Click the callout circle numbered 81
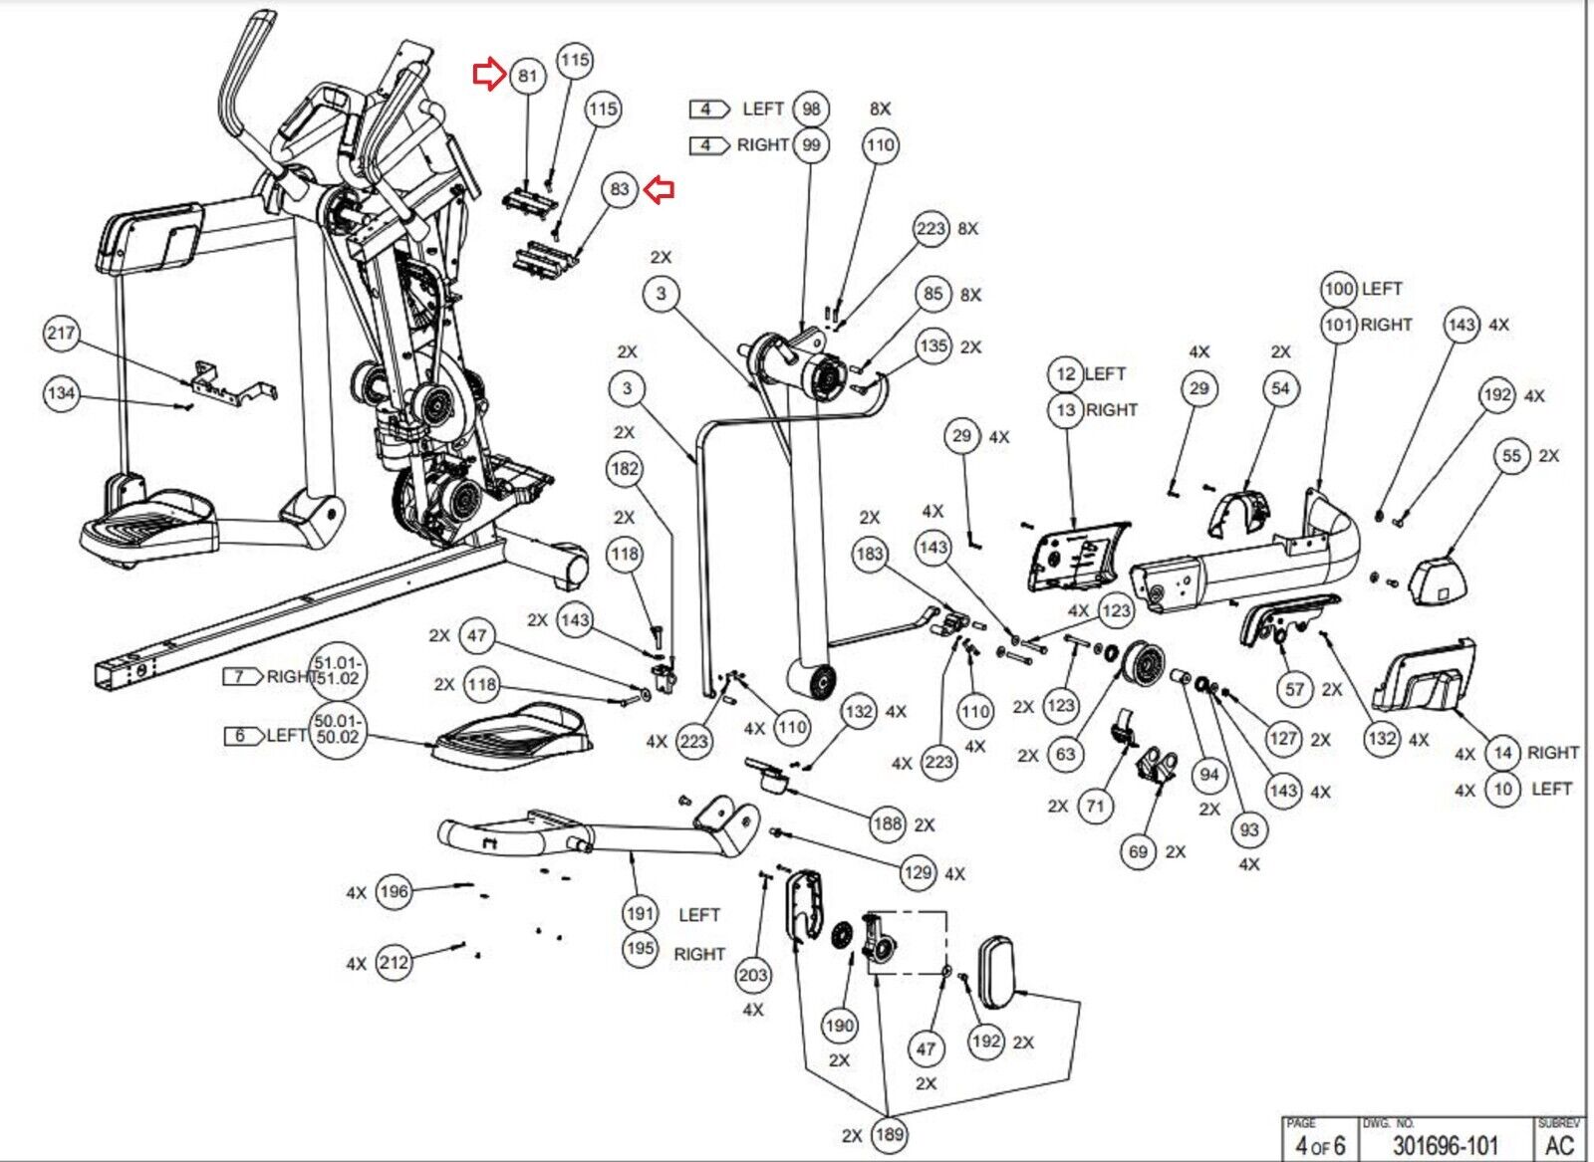[527, 76]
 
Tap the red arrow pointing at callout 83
[660, 189]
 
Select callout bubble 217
[61, 334]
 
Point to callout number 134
[61, 393]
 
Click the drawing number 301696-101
[1445, 1145]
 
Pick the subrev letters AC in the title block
[1560, 1145]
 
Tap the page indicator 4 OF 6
[1319, 1145]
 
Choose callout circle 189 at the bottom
[889, 1134]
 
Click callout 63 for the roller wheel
[1066, 754]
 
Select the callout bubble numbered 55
[1512, 456]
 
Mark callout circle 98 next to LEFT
[812, 109]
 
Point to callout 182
[625, 469]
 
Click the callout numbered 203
[753, 975]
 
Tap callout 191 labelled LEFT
[640, 913]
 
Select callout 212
[395, 963]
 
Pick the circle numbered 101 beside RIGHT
[1339, 325]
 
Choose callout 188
[888, 823]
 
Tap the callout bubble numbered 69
[1138, 851]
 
